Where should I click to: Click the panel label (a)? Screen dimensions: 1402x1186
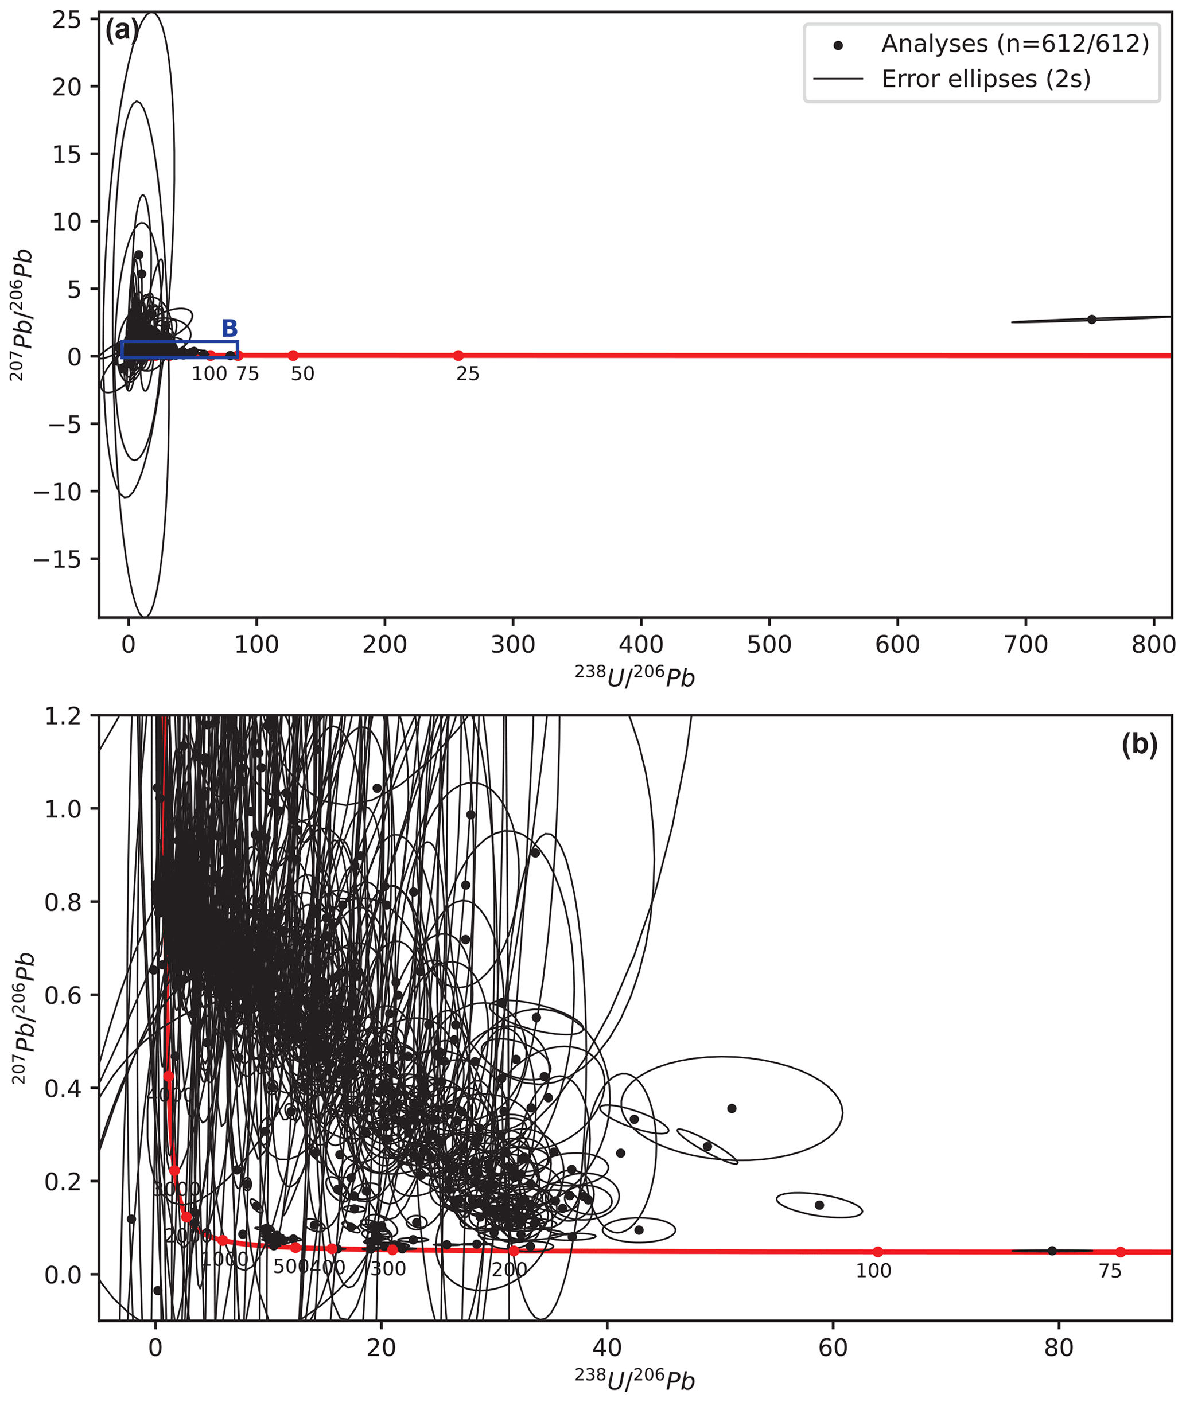click(122, 31)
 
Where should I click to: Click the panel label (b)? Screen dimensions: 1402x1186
click(1139, 744)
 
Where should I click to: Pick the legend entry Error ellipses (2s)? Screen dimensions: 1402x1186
click(986, 79)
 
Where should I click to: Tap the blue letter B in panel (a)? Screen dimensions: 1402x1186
click(230, 329)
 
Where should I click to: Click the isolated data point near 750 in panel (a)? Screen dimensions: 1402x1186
click(1091, 320)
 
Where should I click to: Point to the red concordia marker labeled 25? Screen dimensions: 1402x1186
click(458, 356)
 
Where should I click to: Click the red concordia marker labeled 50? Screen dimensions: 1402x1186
click(293, 356)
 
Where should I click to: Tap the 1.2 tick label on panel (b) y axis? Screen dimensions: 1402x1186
click(63, 716)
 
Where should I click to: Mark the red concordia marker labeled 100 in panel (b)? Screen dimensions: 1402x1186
click(878, 1252)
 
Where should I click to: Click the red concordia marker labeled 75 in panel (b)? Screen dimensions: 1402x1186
click(1120, 1252)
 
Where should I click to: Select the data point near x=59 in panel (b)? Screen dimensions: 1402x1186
click(819, 1205)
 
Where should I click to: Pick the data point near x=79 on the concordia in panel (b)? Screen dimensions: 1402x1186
click(1052, 1251)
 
